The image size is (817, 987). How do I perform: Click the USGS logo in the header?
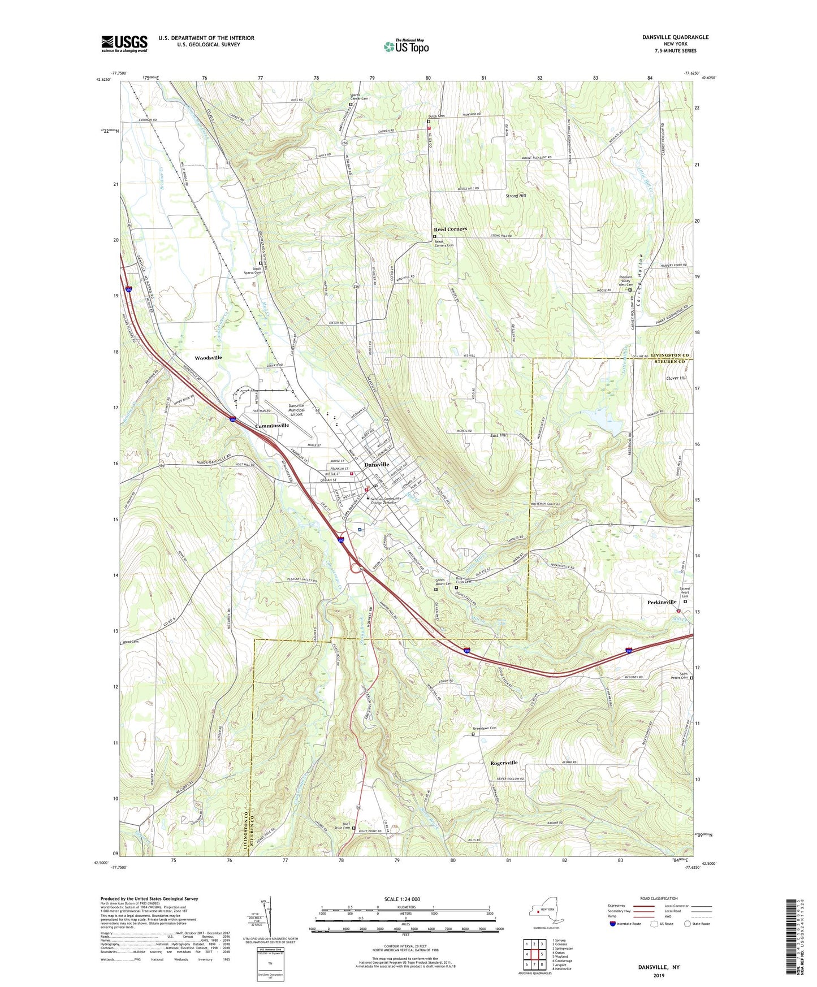point(124,44)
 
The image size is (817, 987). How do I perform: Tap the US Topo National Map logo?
point(406,46)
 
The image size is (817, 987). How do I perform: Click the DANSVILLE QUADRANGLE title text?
point(675,37)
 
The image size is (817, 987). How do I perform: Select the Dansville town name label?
point(377,464)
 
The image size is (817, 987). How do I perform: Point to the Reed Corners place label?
point(450,229)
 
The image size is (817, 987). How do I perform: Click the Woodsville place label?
point(208,358)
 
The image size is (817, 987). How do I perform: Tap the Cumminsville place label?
point(271,425)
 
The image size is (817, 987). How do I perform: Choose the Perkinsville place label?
point(662,602)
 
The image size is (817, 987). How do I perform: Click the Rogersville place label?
point(503,763)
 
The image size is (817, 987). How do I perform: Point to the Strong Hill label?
point(516,196)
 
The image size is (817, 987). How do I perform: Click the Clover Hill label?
point(676,378)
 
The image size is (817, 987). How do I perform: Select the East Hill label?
point(498,435)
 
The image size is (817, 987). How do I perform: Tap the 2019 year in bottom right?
point(659,975)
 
